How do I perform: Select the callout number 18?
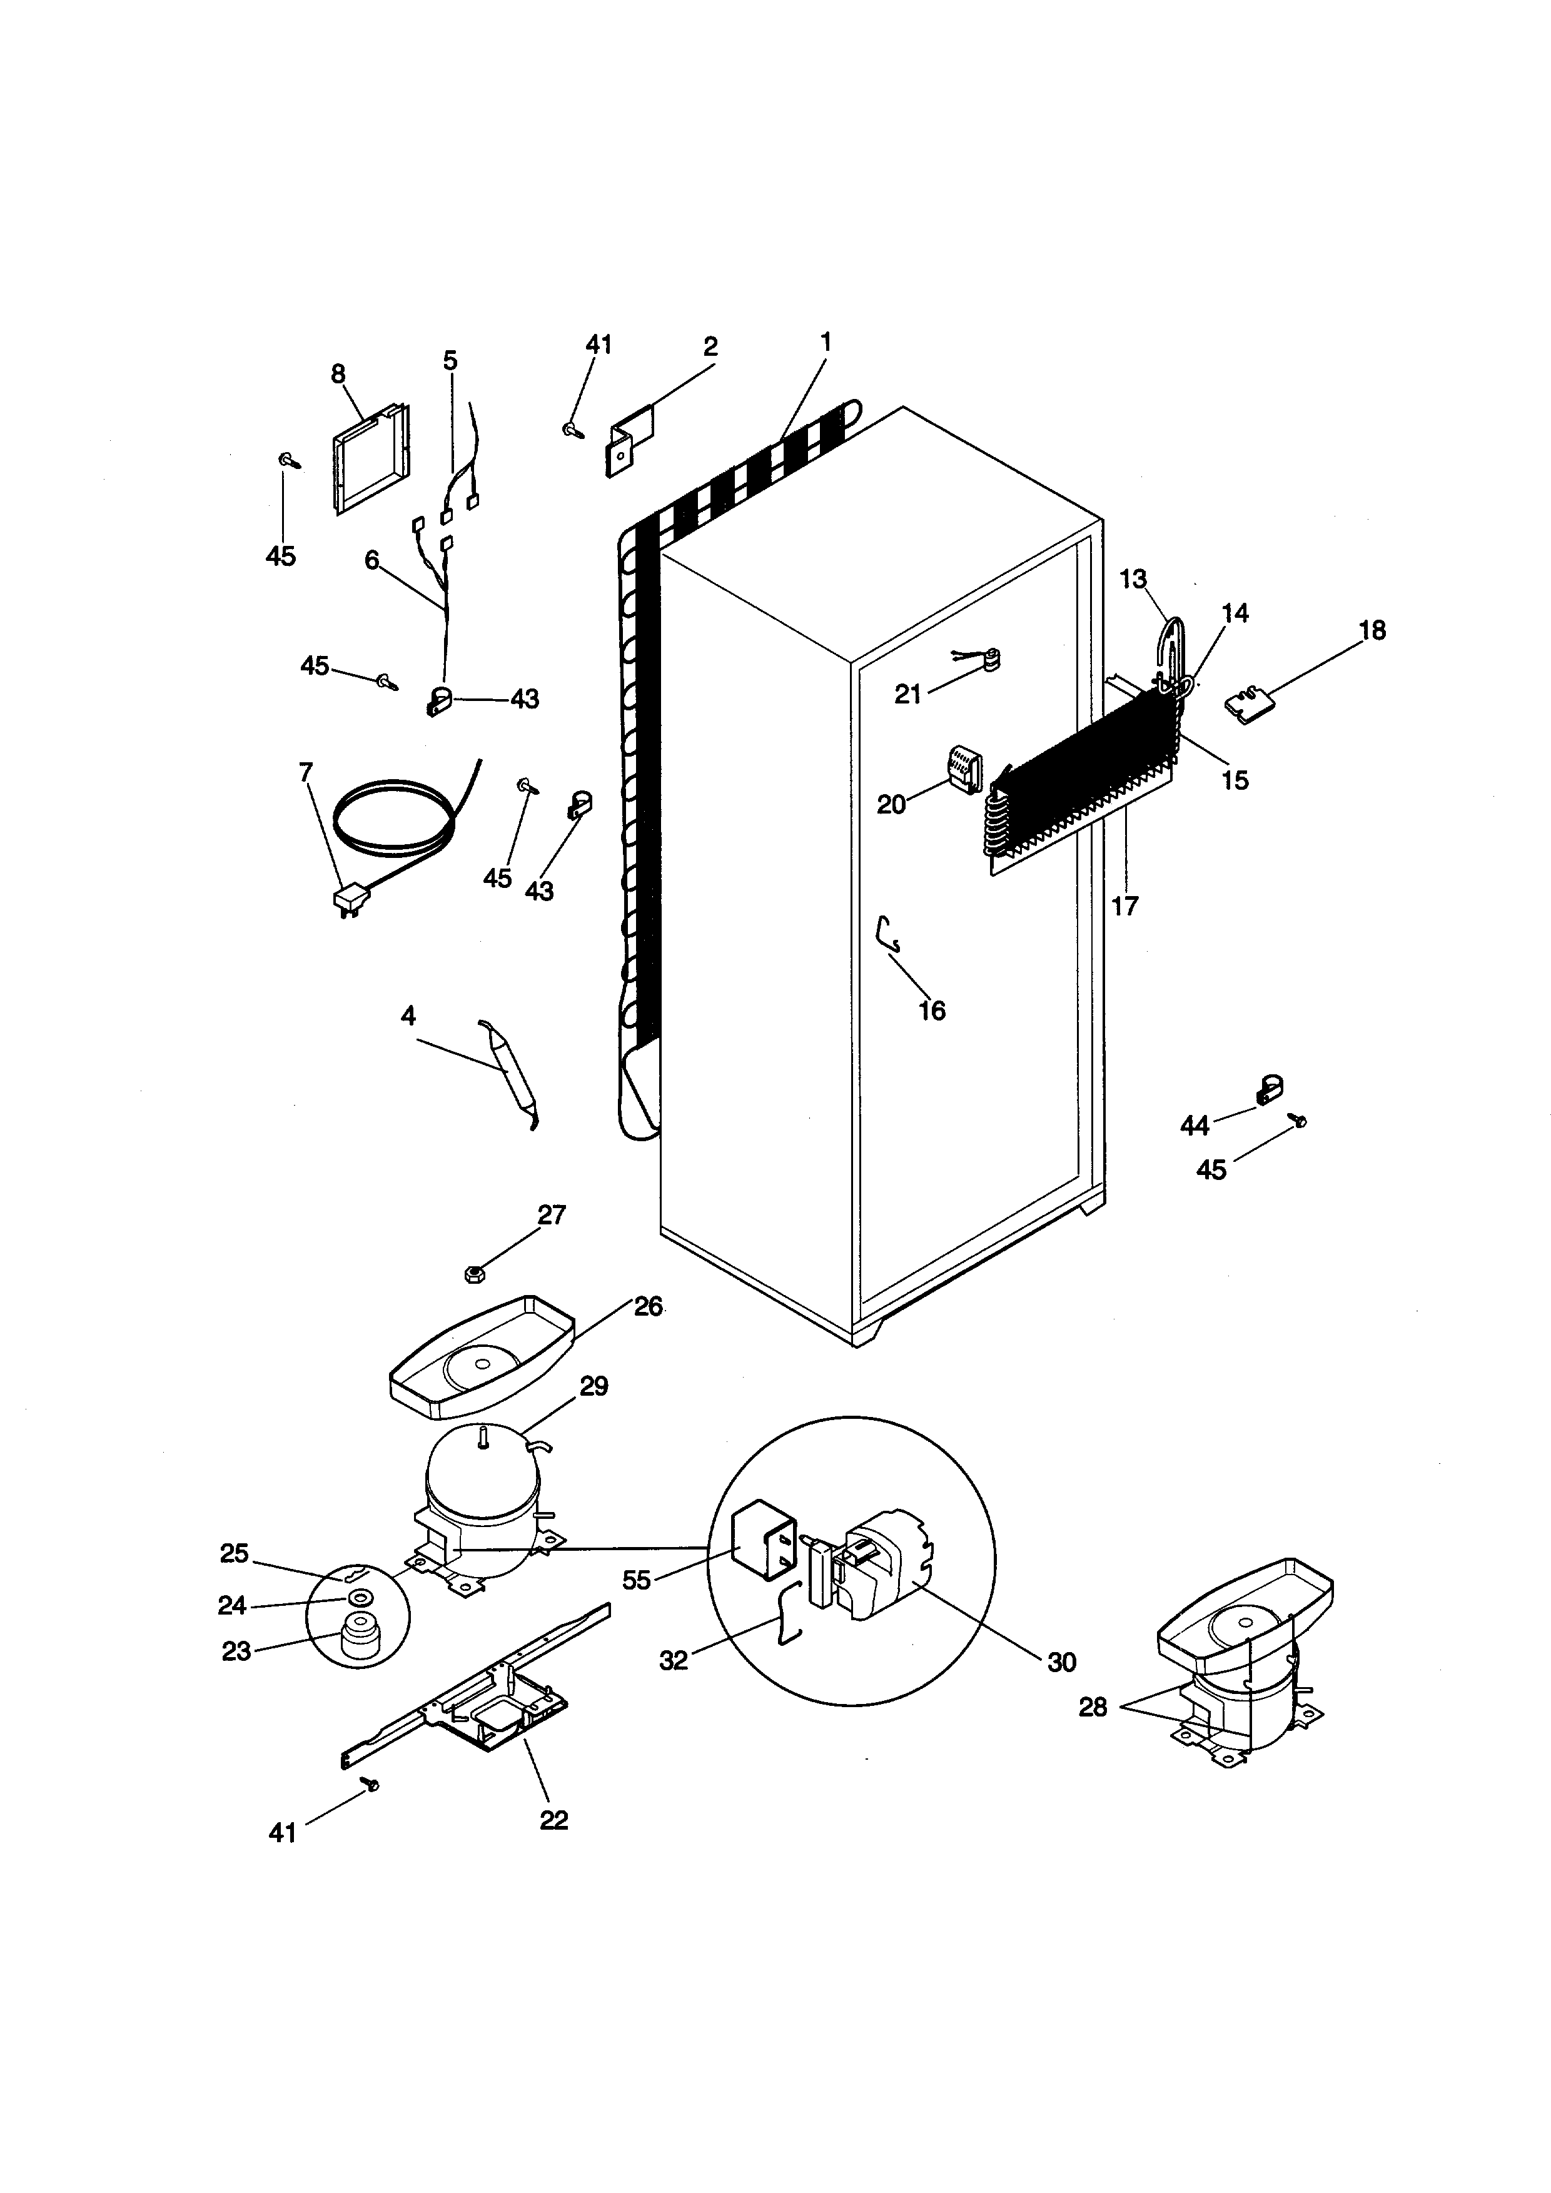point(1372,630)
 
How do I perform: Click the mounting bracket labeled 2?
point(630,438)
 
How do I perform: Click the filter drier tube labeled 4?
point(510,1074)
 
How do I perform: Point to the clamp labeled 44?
point(1270,1090)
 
